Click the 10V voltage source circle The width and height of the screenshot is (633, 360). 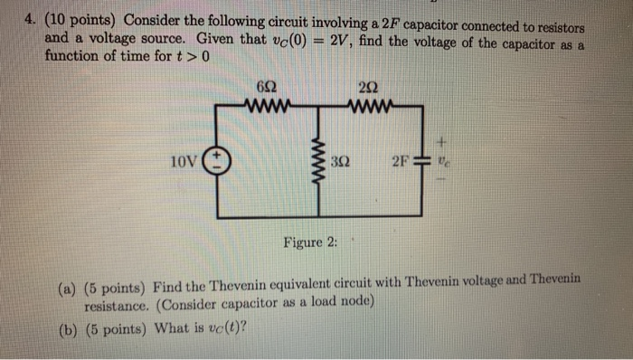(217, 163)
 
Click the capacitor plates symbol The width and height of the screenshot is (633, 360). (421, 163)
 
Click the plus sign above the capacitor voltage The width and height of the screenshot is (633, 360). (443, 142)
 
